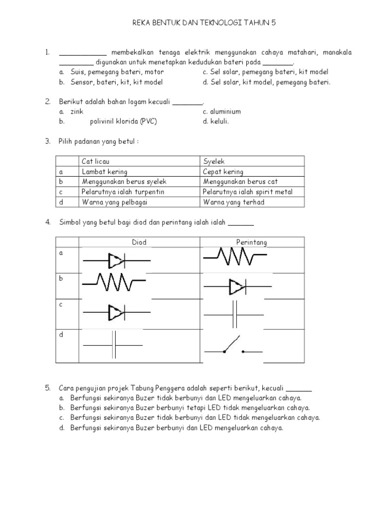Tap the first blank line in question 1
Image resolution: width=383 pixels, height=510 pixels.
[82, 54]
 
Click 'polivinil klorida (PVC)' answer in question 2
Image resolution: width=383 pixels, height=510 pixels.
[123, 122]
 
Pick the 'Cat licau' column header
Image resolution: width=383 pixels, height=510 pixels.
[95, 161]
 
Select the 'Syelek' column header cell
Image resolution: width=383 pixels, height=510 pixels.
[214, 161]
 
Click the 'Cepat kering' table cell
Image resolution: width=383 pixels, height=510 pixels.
[223, 172]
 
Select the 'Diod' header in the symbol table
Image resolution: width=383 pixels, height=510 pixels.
[139, 243]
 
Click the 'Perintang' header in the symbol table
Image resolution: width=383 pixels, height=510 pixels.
[251, 243]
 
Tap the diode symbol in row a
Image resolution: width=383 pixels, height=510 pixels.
[116, 260]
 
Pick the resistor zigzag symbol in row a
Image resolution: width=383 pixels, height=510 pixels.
[235, 257]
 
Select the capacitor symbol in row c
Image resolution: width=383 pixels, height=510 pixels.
[234, 315]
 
